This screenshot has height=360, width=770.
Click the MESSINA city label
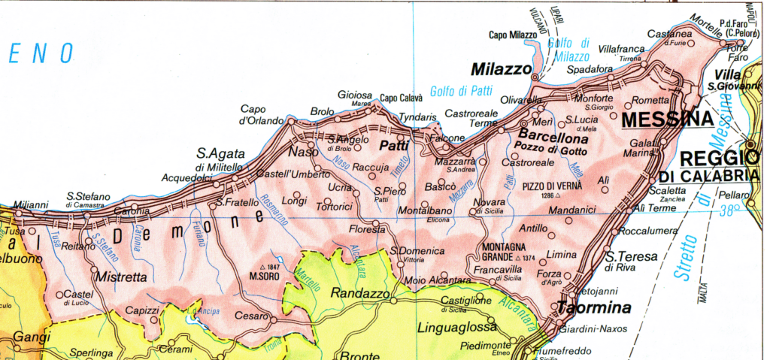click(667, 120)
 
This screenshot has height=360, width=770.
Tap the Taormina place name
click(593, 307)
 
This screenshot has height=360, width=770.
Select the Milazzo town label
click(502, 69)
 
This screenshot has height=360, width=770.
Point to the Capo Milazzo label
click(513, 35)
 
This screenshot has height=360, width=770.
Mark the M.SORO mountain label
click(265, 276)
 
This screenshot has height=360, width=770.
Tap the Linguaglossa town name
click(456, 328)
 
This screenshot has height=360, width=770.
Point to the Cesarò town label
click(251, 316)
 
